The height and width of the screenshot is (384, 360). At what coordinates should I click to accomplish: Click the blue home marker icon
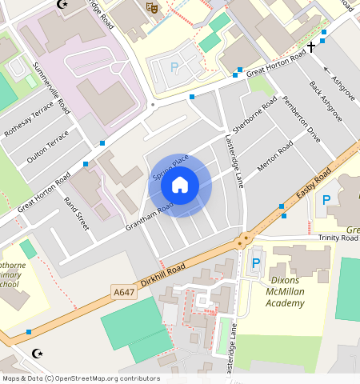click(180, 186)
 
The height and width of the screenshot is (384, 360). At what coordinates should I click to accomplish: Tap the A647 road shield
click(124, 293)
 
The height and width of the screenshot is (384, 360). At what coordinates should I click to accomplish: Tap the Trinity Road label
click(338, 238)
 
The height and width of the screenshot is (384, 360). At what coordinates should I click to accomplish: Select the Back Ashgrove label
click(326, 100)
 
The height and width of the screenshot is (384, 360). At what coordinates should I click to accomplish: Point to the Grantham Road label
click(149, 218)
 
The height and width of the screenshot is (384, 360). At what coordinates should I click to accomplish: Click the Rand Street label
click(75, 214)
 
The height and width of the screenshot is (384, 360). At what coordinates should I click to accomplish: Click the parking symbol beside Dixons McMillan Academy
click(256, 263)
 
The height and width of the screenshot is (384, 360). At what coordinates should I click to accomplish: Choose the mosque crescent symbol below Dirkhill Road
click(35, 352)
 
